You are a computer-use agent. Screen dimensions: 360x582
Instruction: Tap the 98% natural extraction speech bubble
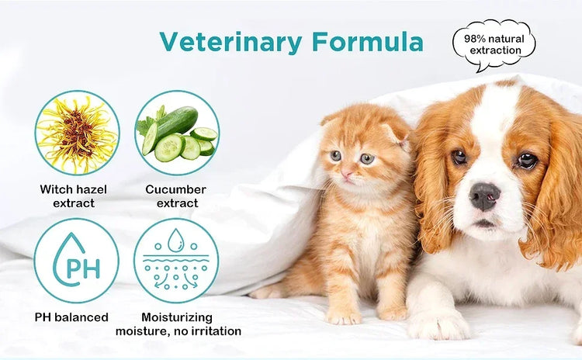pyautogui.click(x=494, y=44)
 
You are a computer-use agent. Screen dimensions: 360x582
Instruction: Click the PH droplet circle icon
pyautogui.click(x=77, y=260)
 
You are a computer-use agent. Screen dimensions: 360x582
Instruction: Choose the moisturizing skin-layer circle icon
pyautogui.click(x=176, y=260)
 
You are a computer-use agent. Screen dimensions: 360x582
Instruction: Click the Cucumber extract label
pyautogui.click(x=176, y=196)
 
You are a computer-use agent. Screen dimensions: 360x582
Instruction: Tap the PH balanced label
pyautogui.click(x=71, y=317)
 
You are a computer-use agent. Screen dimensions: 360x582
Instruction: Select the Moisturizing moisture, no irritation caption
pyautogui.click(x=178, y=324)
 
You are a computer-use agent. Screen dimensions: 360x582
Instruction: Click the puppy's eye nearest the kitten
pyautogui.click(x=459, y=156)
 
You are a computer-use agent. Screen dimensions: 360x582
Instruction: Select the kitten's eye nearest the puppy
pyautogui.click(x=367, y=158)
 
